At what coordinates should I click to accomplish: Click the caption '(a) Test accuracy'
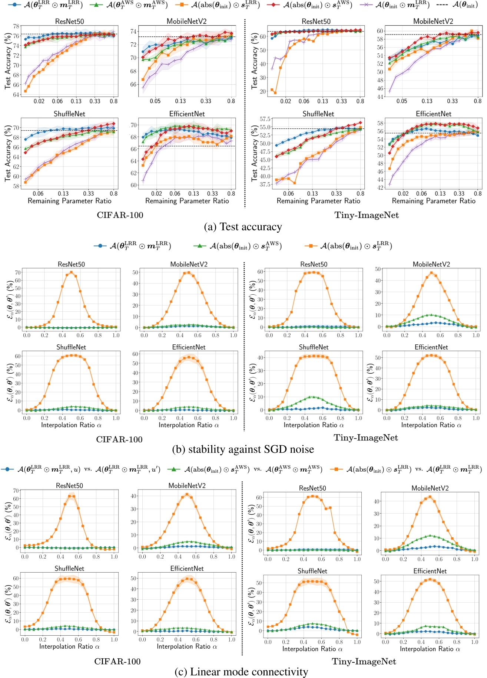click(x=243, y=227)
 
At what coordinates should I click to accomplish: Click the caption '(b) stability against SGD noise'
click(x=243, y=449)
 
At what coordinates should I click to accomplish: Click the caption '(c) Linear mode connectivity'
click(x=241, y=672)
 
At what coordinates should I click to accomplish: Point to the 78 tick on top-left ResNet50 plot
click(x=16, y=26)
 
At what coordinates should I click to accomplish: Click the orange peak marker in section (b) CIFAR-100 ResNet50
click(x=71, y=272)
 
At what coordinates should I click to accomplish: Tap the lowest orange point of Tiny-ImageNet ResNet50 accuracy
click(x=275, y=93)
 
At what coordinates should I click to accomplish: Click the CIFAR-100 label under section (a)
click(x=120, y=215)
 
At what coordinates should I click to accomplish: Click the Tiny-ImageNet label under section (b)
click(x=365, y=438)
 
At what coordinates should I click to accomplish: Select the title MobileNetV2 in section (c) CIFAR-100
click(x=187, y=486)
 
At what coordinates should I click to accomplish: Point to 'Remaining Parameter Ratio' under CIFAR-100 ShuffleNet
click(x=69, y=201)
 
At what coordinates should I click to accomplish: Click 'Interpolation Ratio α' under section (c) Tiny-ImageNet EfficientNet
click(x=430, y=649)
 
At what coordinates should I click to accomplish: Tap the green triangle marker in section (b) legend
click(x=200, y=246)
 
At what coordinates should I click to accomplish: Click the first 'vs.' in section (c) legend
click(x=88, y=469)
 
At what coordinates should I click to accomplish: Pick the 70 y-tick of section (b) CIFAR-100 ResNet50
click(x=17, y=272)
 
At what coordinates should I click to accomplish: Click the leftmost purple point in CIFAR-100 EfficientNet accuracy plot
click(x=143, y=181)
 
